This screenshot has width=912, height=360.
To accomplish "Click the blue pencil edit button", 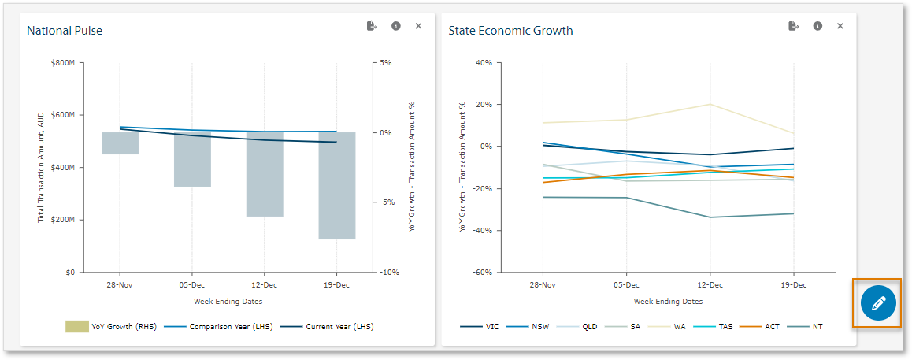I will [x=878, y=303].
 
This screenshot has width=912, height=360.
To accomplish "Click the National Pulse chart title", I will [x=65, y=31].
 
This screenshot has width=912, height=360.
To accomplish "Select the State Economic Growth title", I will [x=510, y=31].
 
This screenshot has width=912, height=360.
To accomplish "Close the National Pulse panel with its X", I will [x=418, y=26].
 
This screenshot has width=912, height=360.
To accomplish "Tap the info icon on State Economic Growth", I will [x=817, y=26].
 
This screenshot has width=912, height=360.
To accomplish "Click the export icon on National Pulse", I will [x=372, y=26].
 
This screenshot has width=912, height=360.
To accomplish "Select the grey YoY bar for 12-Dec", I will [x=265, y=174].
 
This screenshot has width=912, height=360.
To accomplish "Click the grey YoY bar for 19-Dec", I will [x=337, y=185].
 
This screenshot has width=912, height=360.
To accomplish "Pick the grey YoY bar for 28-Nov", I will [x=120, y=143].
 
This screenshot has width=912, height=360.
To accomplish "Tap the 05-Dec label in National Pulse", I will [x=192, y=285].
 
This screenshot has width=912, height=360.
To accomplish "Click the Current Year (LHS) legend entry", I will [x=327, y=326].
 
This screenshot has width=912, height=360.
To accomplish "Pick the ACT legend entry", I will [x=766, y=326].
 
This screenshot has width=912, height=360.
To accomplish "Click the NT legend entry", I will [x=812, y=326].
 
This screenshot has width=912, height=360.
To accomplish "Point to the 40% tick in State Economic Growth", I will [x=484, y=62].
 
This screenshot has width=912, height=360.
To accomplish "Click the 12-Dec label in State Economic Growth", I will [x=710, y=285].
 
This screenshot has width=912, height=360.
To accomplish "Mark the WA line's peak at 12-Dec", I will [x=710, y=104].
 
